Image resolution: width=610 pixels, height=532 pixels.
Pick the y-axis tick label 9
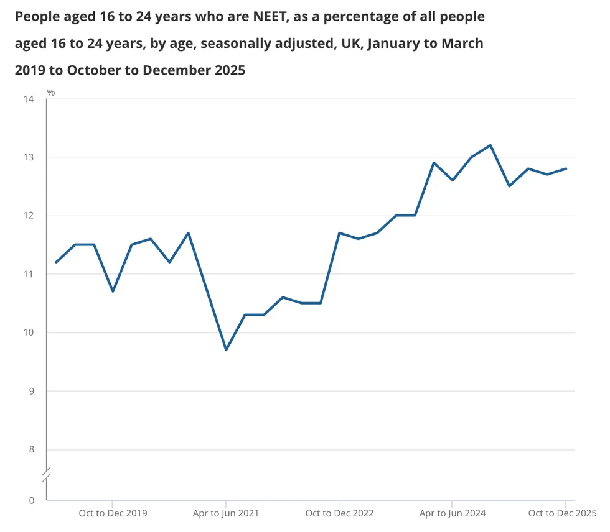(30, 391)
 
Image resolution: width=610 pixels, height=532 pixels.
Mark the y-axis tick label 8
(30, 449)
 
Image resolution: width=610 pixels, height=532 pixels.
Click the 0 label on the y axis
(30, 500)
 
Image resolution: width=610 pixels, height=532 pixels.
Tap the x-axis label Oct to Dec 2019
(113, 513)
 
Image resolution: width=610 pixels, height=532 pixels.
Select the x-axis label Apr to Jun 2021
(226, 513)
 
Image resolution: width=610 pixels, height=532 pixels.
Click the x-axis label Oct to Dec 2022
(339, 513)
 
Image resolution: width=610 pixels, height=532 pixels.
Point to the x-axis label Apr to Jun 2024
(453, 513)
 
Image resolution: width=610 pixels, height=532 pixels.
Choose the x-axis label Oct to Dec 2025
(561, 513)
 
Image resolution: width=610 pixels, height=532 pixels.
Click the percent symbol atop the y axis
(51, 93)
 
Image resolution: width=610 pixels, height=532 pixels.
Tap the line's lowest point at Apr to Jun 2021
(226, 350)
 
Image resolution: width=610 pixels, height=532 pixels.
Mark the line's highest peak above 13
(490, 145)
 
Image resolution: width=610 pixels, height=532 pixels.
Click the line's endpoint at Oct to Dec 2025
(566, 168)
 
